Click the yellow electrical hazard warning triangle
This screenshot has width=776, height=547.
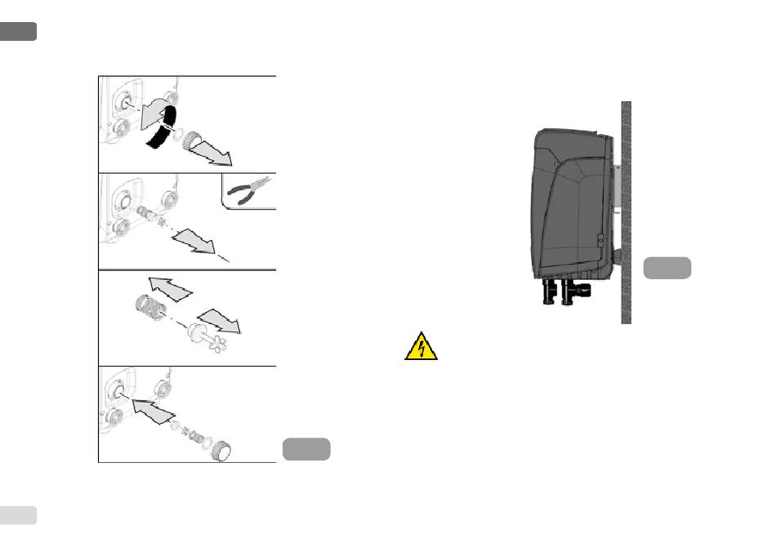click(x=421, y=347)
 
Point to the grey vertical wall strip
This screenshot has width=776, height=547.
click(x=627, y=212)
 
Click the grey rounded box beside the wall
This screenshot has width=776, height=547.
click(x=667, y=268)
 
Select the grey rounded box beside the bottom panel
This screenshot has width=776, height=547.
click(x=306, y=449)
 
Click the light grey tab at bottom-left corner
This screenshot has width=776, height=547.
click(x=18, y=514)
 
